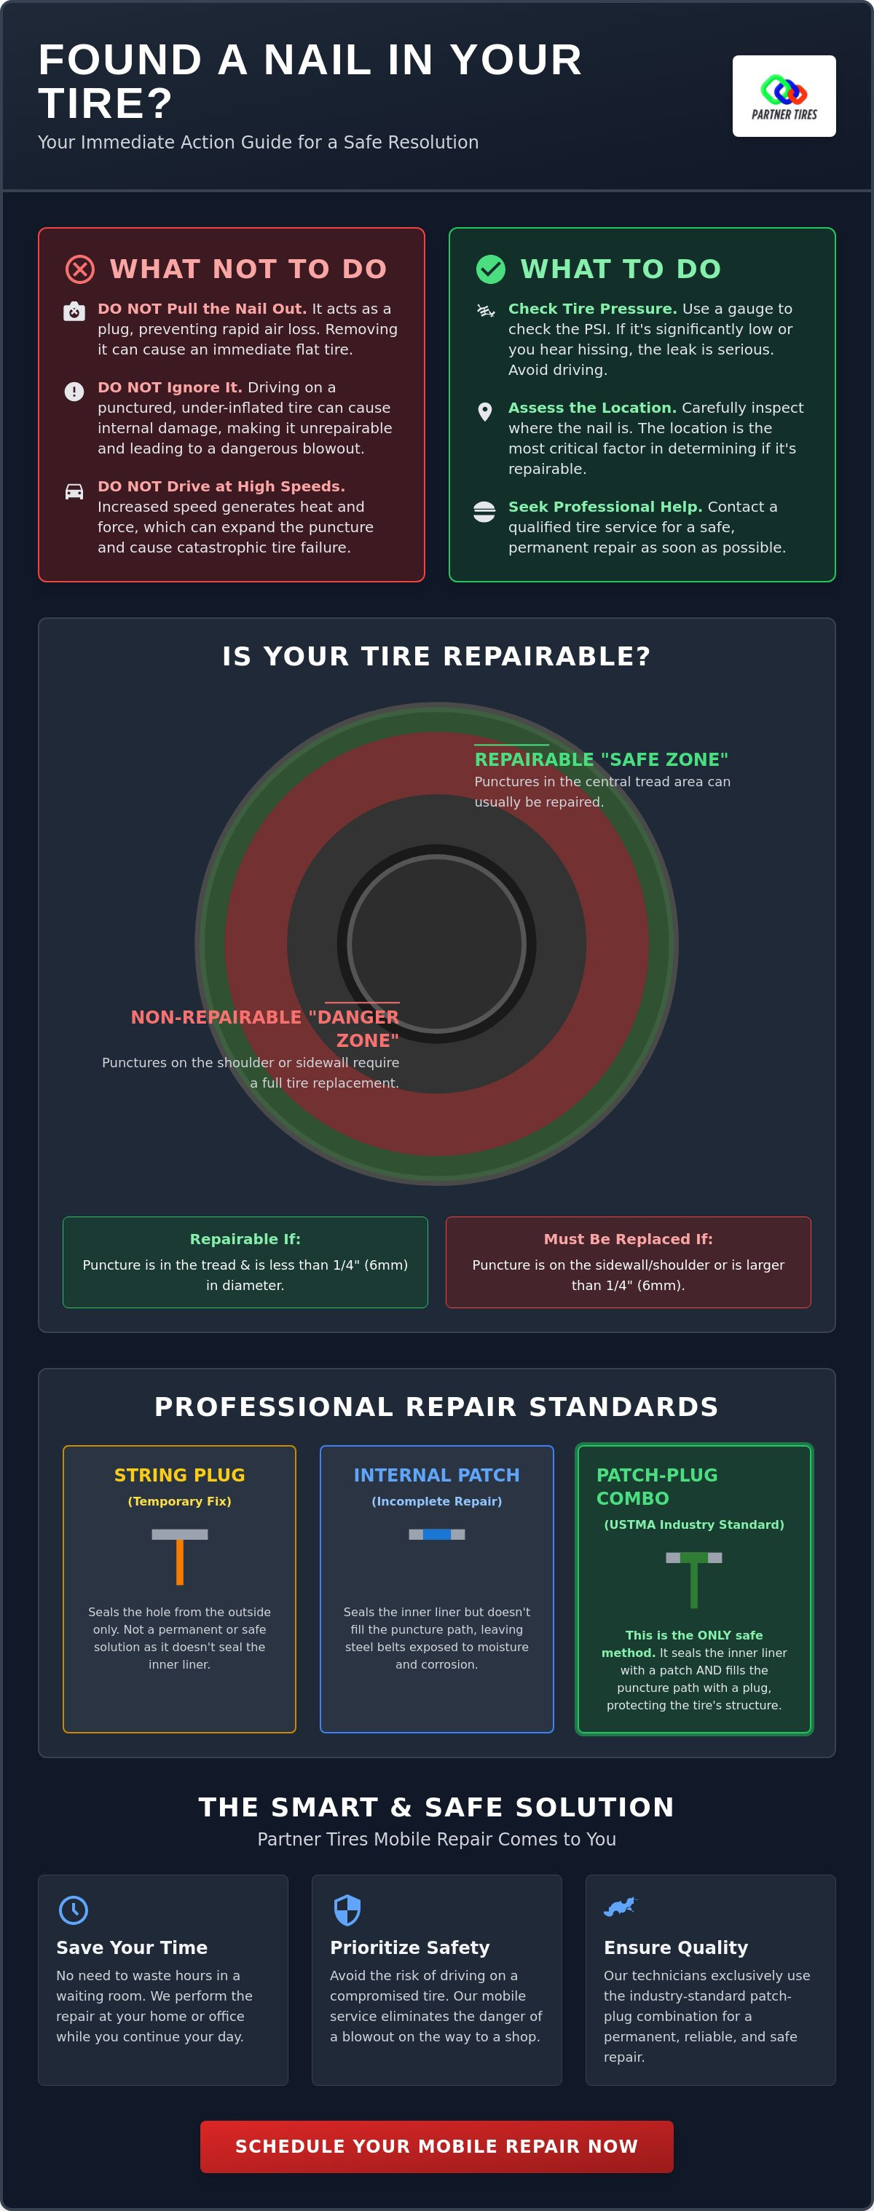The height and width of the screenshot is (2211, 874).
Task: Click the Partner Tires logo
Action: pos(784,96)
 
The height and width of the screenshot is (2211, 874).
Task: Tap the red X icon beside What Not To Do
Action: pos(80,269)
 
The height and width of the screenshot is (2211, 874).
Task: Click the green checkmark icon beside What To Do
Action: pos(491,269)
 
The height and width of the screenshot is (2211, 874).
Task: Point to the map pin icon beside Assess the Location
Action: pos(485,412)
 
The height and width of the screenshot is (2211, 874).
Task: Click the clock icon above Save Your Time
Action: pos(74,1910)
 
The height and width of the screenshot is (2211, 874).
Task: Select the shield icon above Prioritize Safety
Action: pos(347,1910)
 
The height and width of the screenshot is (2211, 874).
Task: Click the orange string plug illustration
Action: pos(179,1556)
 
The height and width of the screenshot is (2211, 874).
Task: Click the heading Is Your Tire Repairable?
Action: pos(437,657)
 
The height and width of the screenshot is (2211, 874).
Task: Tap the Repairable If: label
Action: pos(245,1239)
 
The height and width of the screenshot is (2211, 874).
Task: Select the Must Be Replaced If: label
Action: pos(629,1239)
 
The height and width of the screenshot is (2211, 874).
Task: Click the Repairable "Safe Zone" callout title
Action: pos(601,759)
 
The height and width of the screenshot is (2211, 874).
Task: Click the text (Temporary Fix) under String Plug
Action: pos(179,1501)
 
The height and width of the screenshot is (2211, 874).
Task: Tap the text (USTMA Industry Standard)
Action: pos(693,1524)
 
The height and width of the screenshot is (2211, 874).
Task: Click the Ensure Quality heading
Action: pos(676,1947)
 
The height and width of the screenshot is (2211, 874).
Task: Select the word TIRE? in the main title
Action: pos(106,104)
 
